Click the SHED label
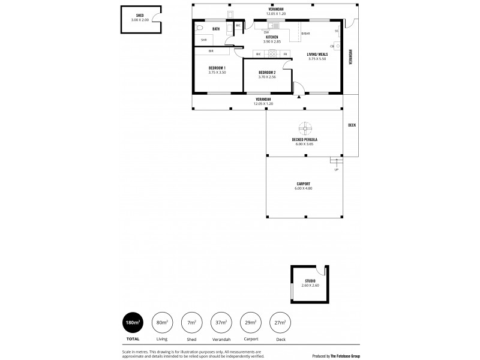click(x=140, y=16)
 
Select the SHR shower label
click(x=203, y=40)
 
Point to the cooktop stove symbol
click(x=272, y=54)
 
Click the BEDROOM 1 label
click(x=217, y=68)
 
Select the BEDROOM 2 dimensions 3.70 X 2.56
click(x=266, y=77)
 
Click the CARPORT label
click(x=303, y=184)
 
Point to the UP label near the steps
click(x=336, y=169)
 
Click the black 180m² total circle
click(x=132, y=322)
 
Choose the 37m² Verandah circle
click(x=221, y=322)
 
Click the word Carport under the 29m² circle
click(x=250, y=338)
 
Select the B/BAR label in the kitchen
click(x=305, y=32)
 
